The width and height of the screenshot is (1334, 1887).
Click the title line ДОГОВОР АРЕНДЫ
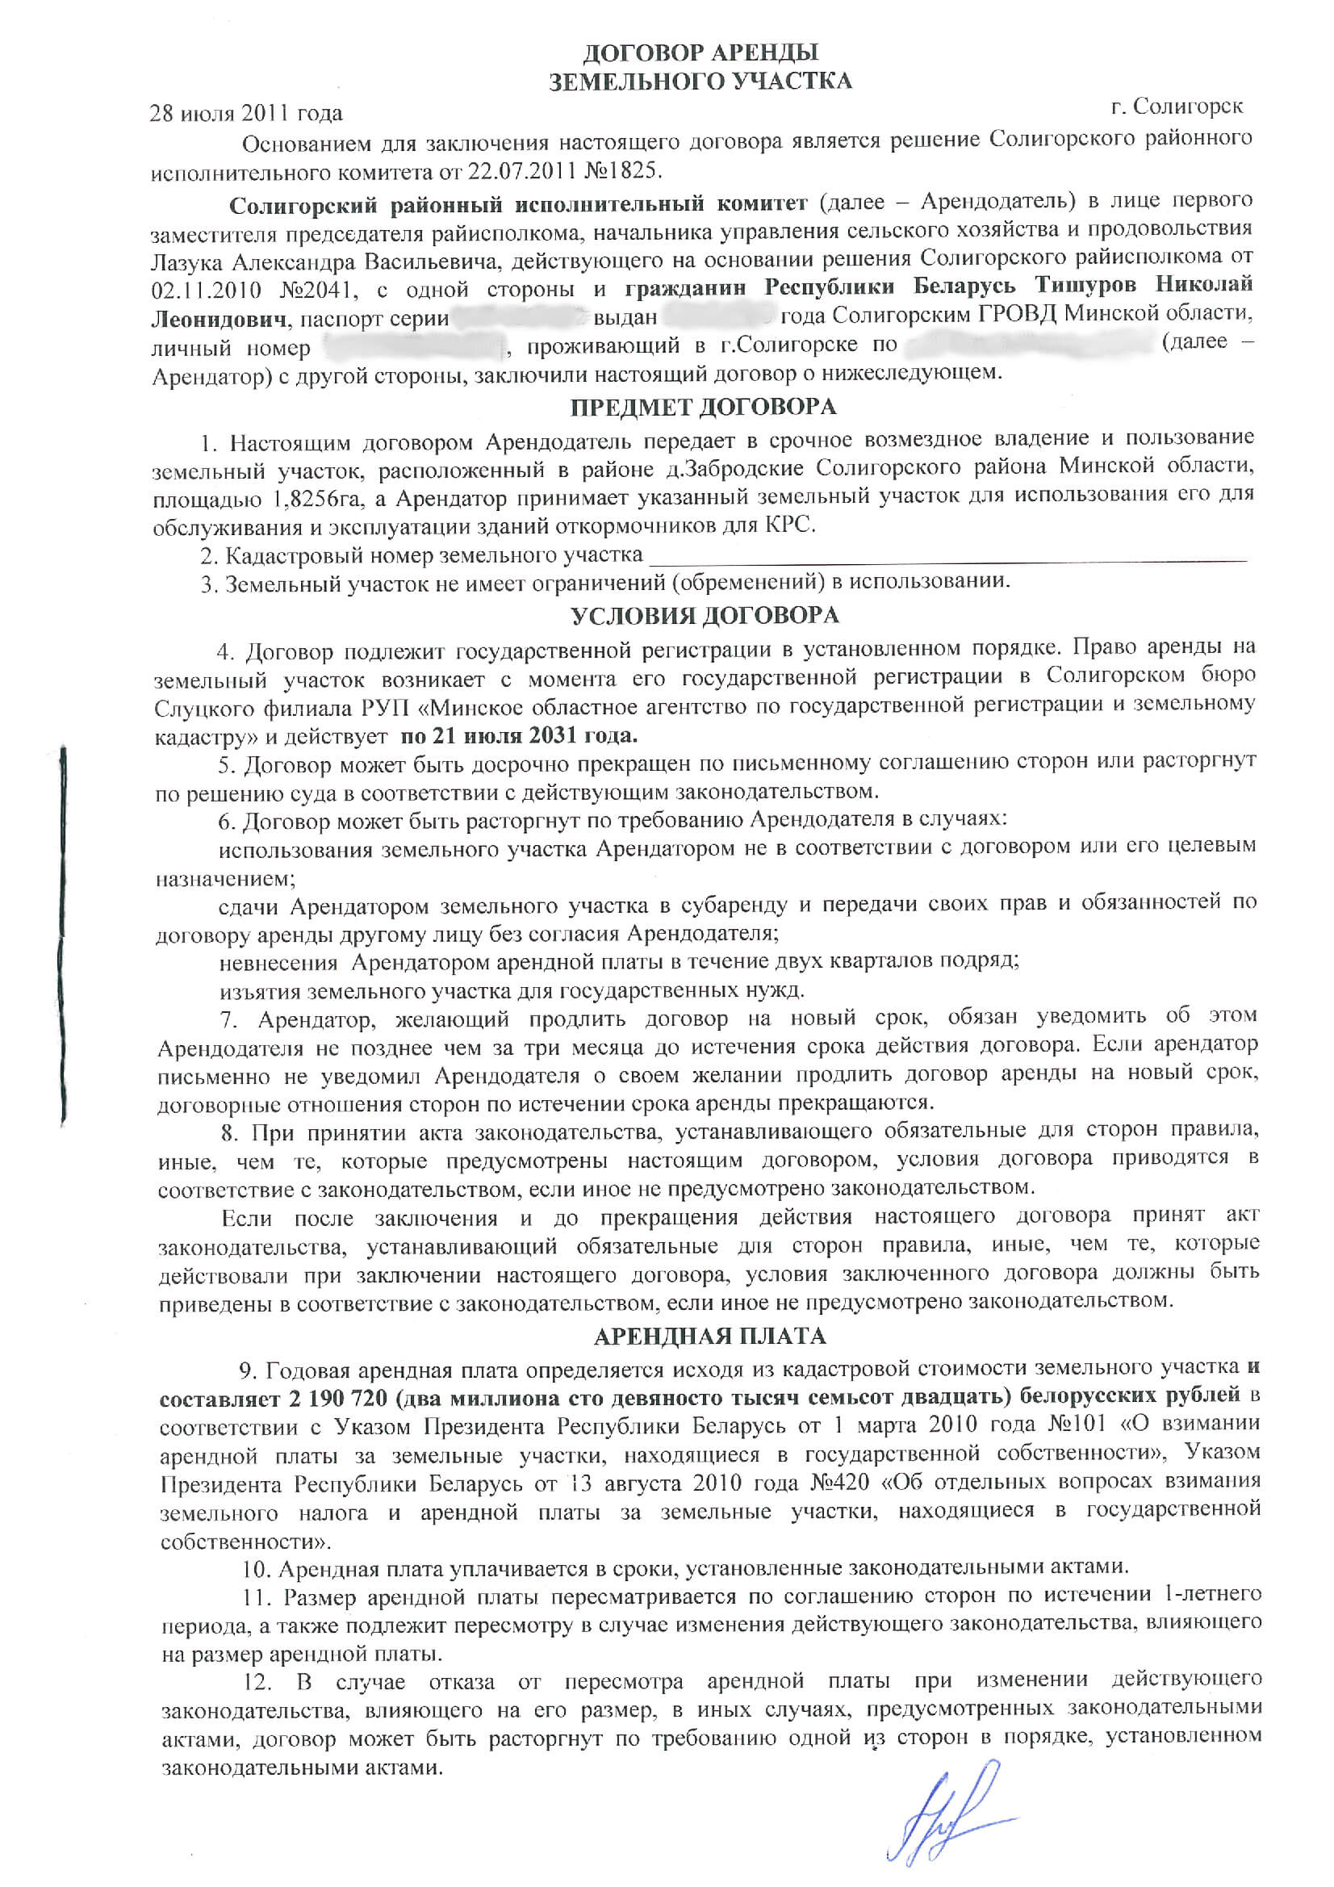700,53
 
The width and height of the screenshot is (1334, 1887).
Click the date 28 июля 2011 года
246,113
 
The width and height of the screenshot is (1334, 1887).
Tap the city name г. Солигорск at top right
1176,107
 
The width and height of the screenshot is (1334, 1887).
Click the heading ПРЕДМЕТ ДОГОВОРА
703,407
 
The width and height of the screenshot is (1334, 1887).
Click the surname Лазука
186,262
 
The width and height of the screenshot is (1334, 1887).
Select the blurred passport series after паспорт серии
521,317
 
